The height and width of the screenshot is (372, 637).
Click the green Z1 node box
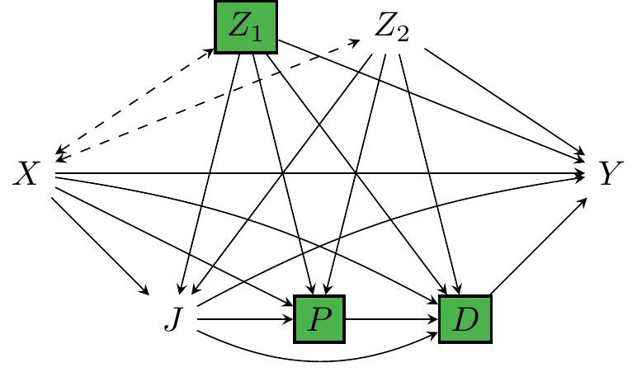(246, 28)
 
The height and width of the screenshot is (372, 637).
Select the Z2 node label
(391, 28)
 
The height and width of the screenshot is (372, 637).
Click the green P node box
(320, 318)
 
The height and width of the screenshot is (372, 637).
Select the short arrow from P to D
(392, 318)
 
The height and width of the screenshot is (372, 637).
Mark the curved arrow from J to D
(314, 356)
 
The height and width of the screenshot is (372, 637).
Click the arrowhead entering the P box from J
(290, 318)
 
